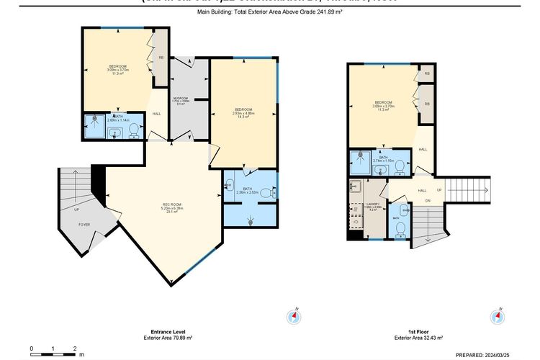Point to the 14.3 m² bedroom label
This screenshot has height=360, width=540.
[242, 112]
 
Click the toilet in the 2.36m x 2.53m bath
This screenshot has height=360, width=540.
[266, 193]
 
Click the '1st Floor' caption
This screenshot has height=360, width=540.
[418, 332]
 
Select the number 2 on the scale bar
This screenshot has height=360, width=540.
[75, 348]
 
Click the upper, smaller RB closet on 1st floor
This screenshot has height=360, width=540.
[427, 73]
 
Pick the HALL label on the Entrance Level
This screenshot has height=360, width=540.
[156, 114]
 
